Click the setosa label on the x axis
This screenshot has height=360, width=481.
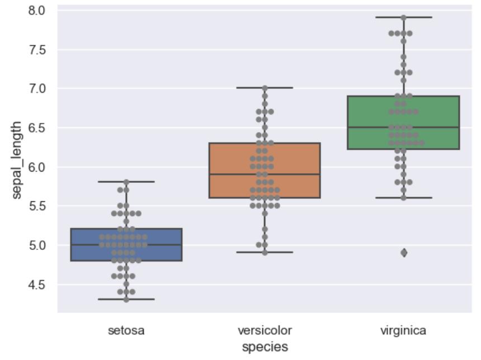click(126, 330)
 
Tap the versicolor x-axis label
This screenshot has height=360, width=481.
click(265, 330)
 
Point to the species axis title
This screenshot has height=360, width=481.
click(265, 347)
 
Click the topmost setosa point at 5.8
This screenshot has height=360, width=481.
click(126, 182)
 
